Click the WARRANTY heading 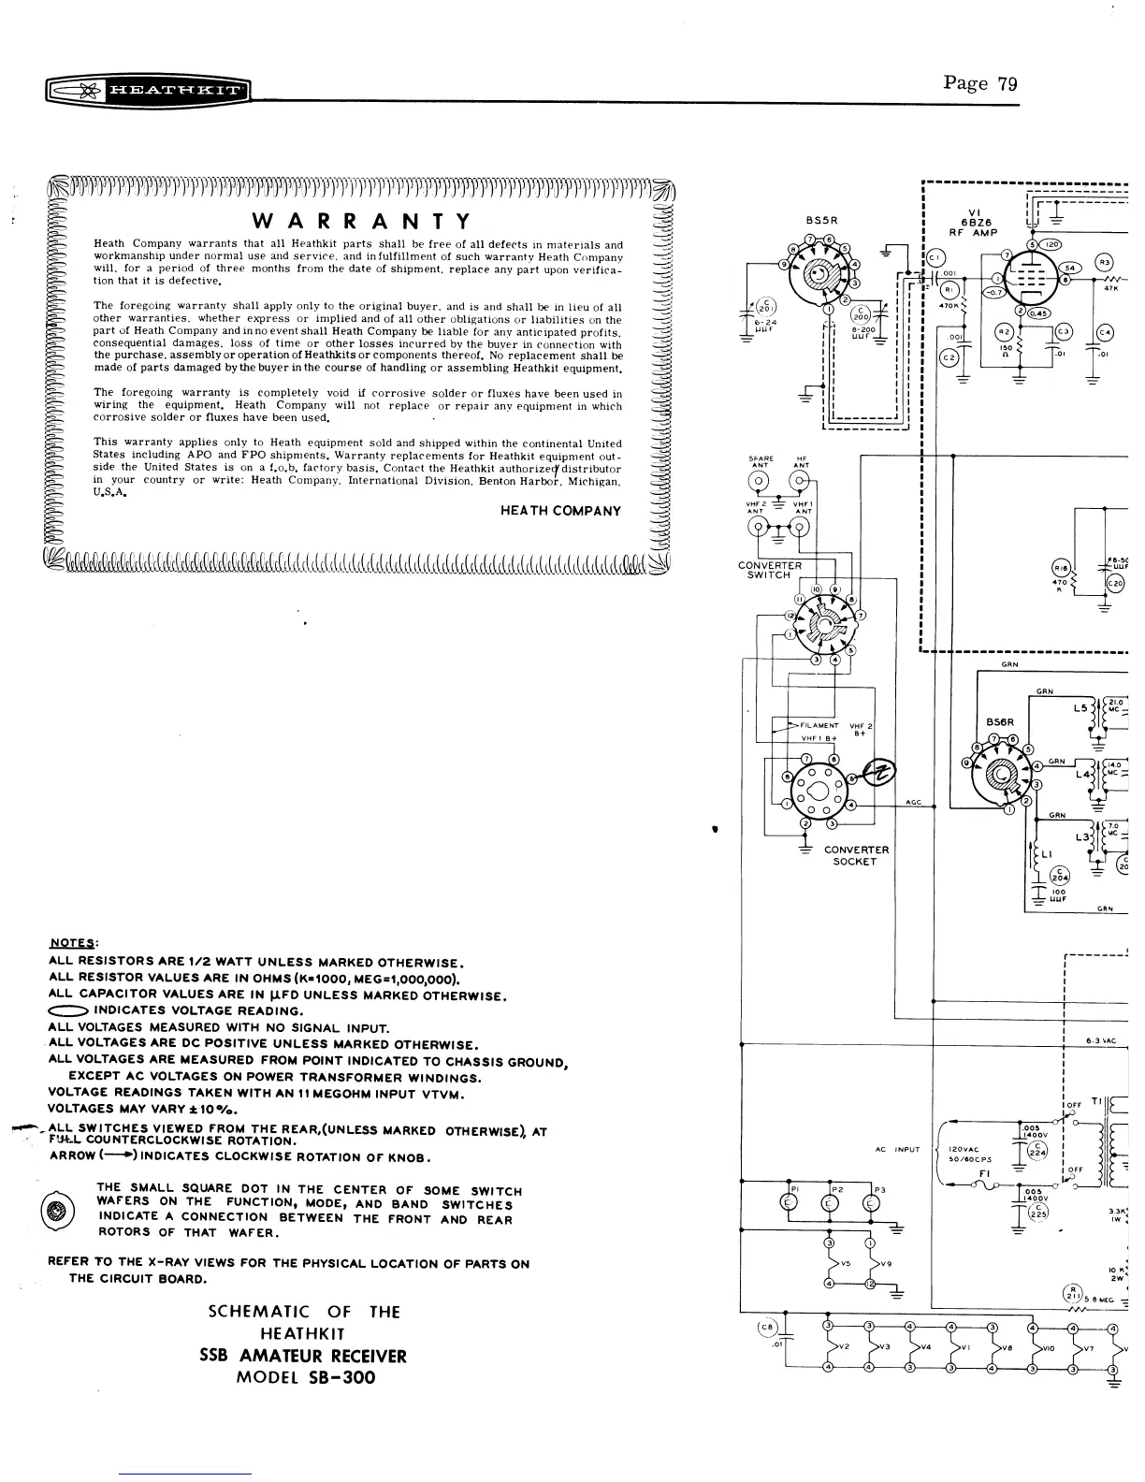click(x=360, y=221)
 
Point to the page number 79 click(x=1007, y=83)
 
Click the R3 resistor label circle click(x=1105, y=263)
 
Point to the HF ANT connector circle click(x=801, y=483)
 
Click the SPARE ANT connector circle click(x=761, y=483)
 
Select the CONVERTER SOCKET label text click(x=856, y=855)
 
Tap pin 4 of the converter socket click(x=850, y=805)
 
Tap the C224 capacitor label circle click(x=1039, y=1151)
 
